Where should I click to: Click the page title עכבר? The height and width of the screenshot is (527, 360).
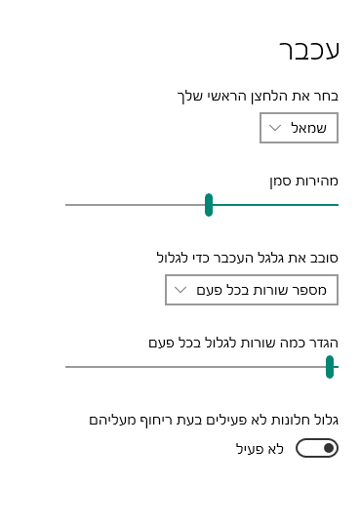coord(309,52)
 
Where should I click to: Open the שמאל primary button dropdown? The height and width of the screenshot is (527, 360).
coord(299,128)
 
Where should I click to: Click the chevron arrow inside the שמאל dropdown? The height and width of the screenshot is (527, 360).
coord(275,128)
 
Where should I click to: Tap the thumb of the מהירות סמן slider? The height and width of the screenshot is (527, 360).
coord(209,205)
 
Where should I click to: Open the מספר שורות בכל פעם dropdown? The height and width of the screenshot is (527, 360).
coord(252,290)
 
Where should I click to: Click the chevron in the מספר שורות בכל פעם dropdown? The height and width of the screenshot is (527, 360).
coord(180,290)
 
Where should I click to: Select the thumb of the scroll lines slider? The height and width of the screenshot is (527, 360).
coord(330,366)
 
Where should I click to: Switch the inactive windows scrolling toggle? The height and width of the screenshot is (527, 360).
coord(316,448)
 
